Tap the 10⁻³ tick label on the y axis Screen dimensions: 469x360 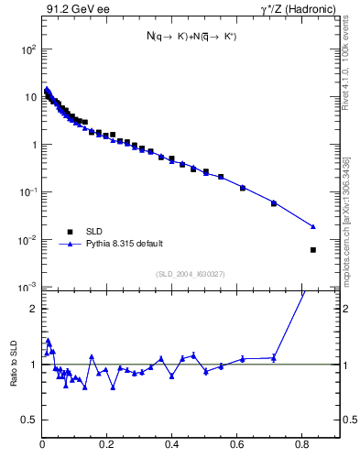[28, 288]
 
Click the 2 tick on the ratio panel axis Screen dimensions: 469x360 [33, 309]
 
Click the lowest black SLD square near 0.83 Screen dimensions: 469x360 [313, 250]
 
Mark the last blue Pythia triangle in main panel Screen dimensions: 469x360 [313, 226]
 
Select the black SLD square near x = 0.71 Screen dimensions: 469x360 [274, 203]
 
